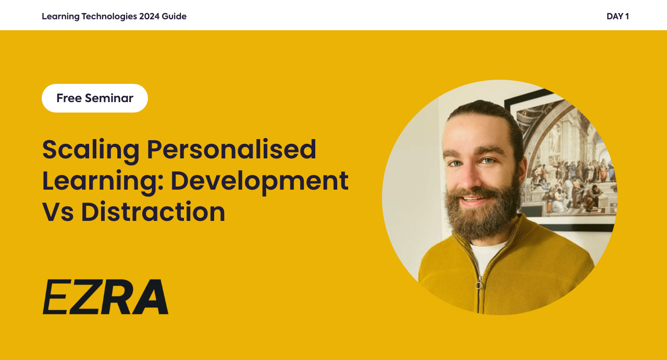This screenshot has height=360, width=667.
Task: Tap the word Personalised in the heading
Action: (232, 149)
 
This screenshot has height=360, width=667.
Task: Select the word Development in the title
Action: (260, 182)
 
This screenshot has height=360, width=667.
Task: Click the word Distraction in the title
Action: (153, 212)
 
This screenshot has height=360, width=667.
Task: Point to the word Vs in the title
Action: (58, 212)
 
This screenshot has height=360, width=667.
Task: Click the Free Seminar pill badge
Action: (95, 98)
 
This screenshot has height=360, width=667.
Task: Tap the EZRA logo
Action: (106, 297)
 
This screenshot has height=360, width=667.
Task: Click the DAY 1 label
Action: (617, 16)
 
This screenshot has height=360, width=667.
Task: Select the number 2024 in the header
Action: (149, 16)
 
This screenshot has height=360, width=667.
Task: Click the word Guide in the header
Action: (174, 16)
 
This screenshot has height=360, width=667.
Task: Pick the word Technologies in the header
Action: (109, 16)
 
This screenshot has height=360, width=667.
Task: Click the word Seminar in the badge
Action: (109, 98)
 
